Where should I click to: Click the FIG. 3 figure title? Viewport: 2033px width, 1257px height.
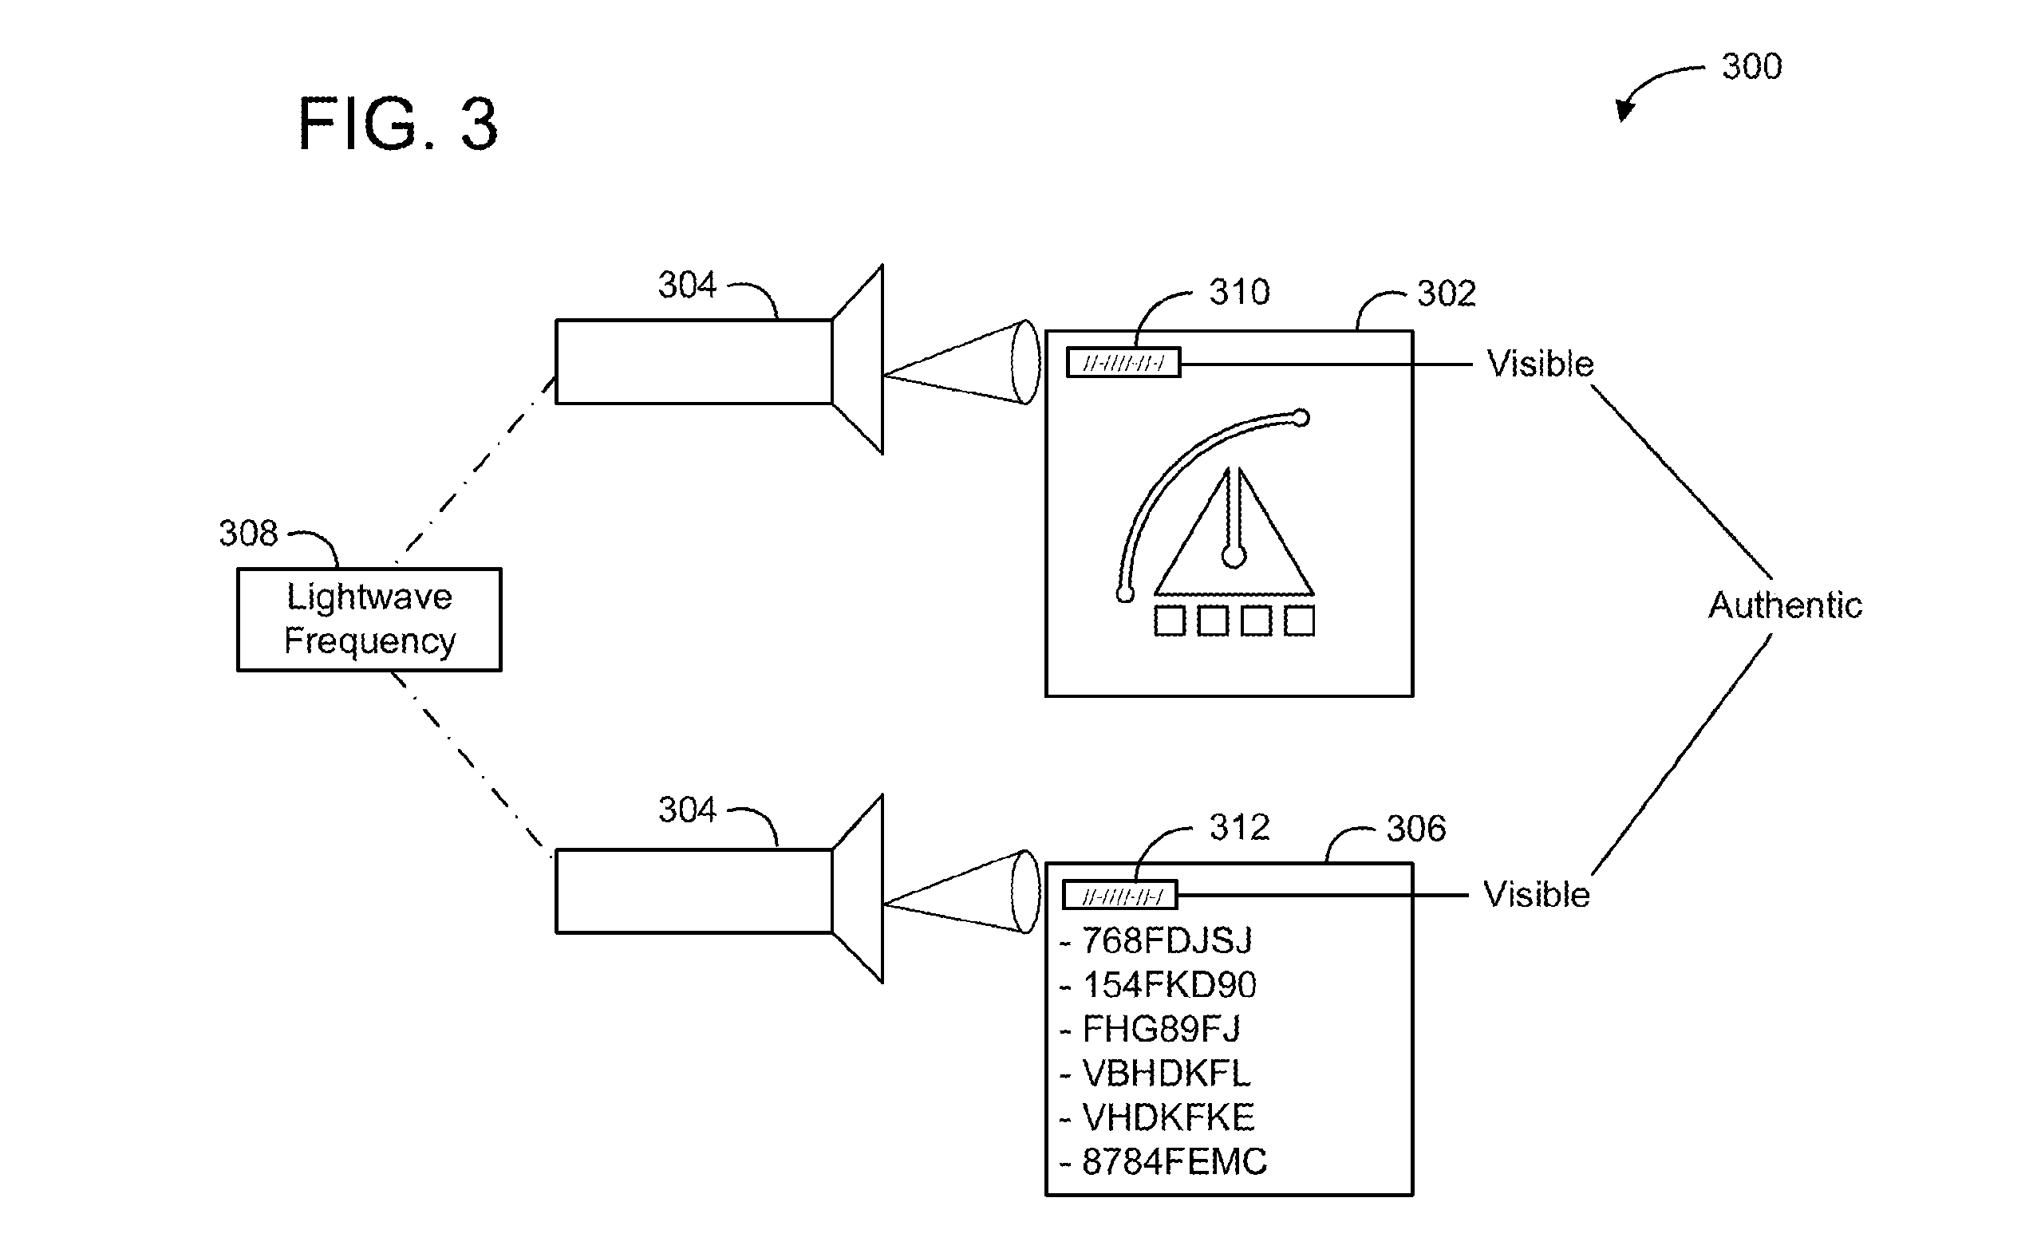[x=397, y=124]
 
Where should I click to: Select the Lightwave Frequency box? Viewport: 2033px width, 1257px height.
[x=369, y=620]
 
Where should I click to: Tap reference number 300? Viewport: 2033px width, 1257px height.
[x=1752, y=66]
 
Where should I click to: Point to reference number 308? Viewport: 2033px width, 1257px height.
[x=248, y=533]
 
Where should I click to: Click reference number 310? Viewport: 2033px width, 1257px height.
[x=1239, y=292]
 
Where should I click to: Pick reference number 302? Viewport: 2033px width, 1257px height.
[x=1446, y=294]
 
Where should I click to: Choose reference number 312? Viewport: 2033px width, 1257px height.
[x=1239, y=827]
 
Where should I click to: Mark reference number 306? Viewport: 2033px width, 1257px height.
[x=1416, y=829]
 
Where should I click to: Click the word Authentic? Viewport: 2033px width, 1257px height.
[x=1785, y=605]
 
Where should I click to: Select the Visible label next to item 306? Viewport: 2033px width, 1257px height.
[x=1537, y=896]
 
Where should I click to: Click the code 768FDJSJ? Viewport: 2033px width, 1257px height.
[x=1167, y=940]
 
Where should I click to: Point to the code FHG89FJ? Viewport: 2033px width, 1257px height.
[x=1161, y=1029]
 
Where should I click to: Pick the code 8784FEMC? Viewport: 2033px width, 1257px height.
[x=1174, y=1161]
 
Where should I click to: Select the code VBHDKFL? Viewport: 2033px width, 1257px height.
[x=1166, y=1074]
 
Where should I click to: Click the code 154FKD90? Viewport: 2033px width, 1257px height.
[x=1169, y=985]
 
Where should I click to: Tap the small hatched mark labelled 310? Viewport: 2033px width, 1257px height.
[x=1123, y=362]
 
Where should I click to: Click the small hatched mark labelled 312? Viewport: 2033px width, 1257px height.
[x=1120, y=896]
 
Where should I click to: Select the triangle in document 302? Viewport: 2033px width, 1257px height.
[x=1234, y=532]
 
